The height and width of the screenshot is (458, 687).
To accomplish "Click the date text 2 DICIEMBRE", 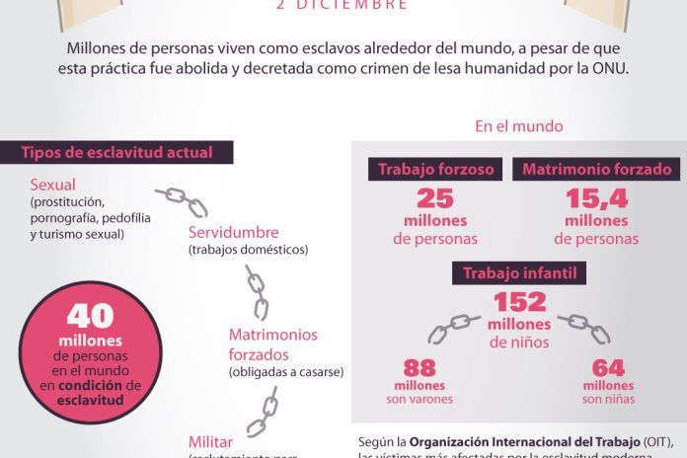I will point(343,6).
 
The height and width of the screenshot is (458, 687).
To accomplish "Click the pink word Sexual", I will point(53,185).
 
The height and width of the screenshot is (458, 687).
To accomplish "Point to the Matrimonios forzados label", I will point(273,343).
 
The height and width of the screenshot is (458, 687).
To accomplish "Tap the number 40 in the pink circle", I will point(91,316).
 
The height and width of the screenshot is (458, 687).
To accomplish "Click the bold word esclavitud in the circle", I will point(90,401).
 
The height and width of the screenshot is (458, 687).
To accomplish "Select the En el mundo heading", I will point(519,126).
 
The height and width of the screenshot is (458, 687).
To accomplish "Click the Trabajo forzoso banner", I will point(436,169).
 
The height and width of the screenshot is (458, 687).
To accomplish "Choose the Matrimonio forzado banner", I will point(596,169).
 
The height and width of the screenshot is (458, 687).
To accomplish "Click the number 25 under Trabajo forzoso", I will point(435,200).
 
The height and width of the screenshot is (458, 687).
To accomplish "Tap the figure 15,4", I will point(596,200).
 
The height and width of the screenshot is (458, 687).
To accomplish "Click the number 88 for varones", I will point(420,368).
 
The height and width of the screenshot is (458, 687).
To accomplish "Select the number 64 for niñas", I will point(608,368).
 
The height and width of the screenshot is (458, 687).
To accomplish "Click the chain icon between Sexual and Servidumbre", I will point(184,201).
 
